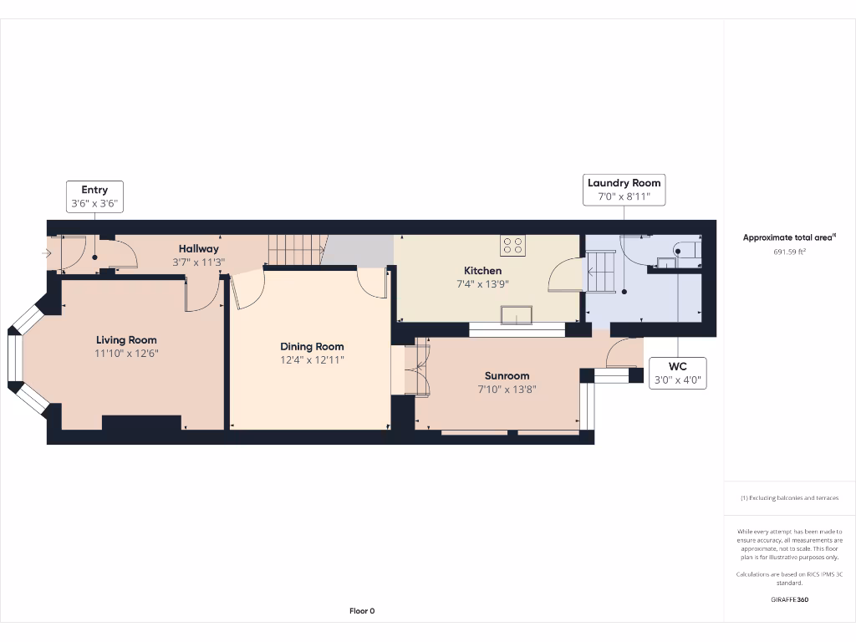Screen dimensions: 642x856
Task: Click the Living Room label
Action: point(126,340)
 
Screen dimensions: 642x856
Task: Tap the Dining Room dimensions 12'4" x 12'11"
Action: point(312,359)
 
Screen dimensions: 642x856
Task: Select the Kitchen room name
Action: point(483,271)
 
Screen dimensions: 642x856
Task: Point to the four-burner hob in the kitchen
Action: point(513,245)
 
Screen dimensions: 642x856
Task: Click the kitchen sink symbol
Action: point(516,314)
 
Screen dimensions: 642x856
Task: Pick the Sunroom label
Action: point(507,376)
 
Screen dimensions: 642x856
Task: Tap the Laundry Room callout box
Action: point(624,190)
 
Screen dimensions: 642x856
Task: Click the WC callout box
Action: point(677,373)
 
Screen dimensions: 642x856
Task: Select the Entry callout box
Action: point(94,196)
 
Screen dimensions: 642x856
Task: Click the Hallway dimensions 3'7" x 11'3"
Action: point(198,261)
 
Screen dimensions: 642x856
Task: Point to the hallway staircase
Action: point(295,249)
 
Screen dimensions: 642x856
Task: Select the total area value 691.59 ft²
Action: point(789,251)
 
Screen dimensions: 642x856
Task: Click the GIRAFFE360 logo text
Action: point(789,599)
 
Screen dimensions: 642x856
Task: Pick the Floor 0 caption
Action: point(362,611)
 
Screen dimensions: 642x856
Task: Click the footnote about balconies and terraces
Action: point(789,498)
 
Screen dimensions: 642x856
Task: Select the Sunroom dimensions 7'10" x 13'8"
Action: point(507,389)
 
